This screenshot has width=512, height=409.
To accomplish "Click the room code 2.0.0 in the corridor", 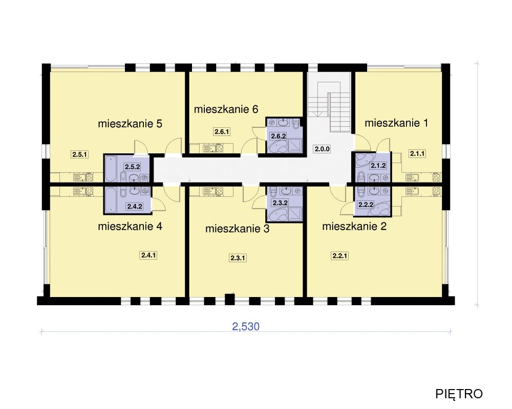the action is tap(322, 149).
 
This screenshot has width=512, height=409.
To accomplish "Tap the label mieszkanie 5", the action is tap(130, 124).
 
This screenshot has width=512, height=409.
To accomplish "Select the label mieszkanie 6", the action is tap(226, 109).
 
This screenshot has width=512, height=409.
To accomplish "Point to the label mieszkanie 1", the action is tap(396, 123).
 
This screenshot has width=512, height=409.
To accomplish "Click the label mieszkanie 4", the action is tap(130, 226).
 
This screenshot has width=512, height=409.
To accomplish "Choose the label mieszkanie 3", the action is tap(238, 229).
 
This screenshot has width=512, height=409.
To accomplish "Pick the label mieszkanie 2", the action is tap(354, 226).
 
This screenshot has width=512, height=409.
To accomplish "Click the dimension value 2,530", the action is tap(246, 327).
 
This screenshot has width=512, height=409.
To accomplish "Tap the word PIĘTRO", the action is tap(459, 394).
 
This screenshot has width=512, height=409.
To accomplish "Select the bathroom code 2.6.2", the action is tap(278, 136).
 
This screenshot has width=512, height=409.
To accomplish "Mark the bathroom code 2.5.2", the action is tap(132, 167).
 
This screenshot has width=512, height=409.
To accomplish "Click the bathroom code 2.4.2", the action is tap(135, 206).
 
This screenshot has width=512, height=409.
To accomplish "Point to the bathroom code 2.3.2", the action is tap(280, 203).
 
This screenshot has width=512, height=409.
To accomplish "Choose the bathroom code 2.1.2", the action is tap(378, 166).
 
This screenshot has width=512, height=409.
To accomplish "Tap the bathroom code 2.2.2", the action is tap(366, 205).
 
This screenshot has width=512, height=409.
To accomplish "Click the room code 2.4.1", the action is tap(148, 255).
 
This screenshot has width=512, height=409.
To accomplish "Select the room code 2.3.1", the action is tap(238, 258).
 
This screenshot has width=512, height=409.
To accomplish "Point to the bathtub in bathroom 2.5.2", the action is tap(111, 169).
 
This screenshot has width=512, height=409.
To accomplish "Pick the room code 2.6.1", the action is tap(222, 132).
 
